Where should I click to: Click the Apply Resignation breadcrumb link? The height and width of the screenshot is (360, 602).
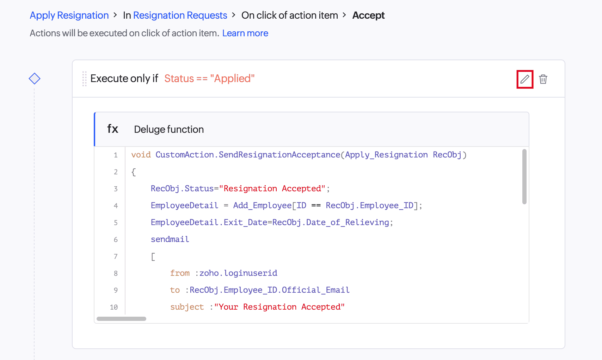[x=69, y=15]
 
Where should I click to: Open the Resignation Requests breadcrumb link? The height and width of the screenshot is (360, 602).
[x=180, y=15]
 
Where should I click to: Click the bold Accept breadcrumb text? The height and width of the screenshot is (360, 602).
[x=368, y=15]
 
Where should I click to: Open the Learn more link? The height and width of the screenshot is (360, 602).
[x=245, y=33]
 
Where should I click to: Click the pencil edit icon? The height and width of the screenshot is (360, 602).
[x=524, y=79]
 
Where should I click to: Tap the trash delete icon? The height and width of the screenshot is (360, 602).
[x=543, y=79]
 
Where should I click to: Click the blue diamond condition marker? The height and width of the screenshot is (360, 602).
[x=35, y=79]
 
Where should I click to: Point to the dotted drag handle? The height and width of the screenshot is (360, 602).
[x=84, y=79]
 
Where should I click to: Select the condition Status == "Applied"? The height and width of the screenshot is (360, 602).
[x=209, y=79]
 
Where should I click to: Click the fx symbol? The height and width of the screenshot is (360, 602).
[x=112, y=129]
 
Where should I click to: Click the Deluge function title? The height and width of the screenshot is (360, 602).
[x=169, y=129]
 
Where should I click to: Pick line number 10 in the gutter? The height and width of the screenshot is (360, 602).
[x=114, y=307]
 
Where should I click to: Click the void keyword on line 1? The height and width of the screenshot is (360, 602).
[x=141, y=155]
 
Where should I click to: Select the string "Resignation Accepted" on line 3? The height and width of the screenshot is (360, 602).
[x=272, y=188]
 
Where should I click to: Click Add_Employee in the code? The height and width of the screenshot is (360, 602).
[x=262, y=205]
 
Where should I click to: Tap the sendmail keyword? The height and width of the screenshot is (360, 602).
[x=170, y=239]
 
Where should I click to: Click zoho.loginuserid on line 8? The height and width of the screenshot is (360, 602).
[x=238, y=273]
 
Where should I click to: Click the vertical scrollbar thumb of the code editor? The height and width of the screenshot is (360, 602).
[x=524, y=176]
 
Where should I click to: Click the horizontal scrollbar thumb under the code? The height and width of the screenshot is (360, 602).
[x=121, y=319]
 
